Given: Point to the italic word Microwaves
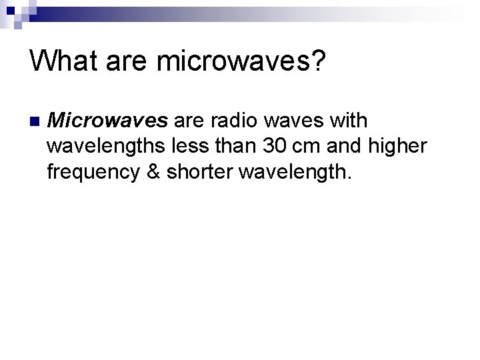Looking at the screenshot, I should tap(109, 121).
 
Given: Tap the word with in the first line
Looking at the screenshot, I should tap(349, 121).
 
